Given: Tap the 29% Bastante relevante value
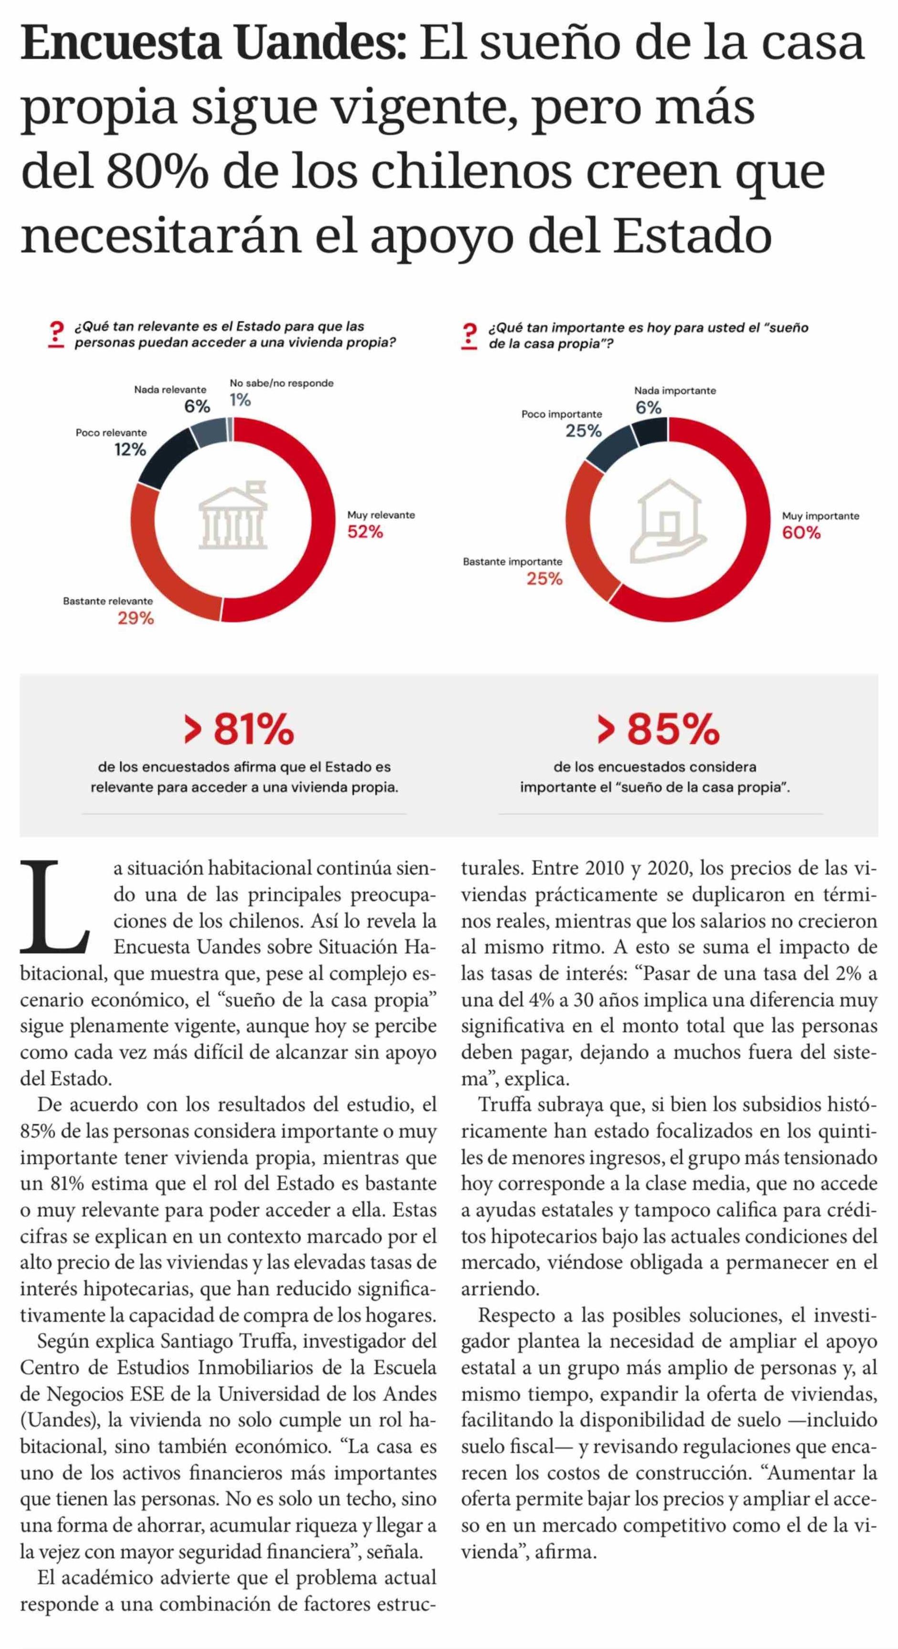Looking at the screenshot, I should (x=136, y=618).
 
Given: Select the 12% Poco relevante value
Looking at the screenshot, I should (x=130, y=450).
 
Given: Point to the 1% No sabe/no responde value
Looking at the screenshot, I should (x=240, y=400).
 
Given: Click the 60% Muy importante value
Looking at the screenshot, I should (x=801, y=533).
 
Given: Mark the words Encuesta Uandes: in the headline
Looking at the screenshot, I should (x=213, y=44).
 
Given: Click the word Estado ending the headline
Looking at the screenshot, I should (x=693, y=236).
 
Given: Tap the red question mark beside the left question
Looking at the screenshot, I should (x=57, y=335).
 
